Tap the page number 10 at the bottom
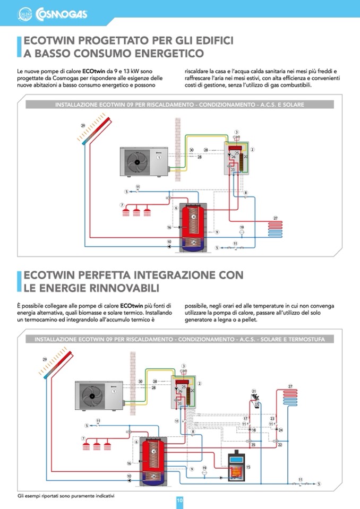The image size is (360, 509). tap(180, 501)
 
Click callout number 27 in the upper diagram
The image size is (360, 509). tap(276, 218)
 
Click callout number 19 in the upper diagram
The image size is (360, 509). tap(242, 227)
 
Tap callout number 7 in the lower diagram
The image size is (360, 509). tap(83, 438)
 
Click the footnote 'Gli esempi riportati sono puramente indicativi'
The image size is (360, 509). tap(66, 496)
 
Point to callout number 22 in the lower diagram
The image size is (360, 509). tap(280, 445)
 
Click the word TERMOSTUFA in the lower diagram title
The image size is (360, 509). tap(310, 339)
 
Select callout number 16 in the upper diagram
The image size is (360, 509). tap(169, 227)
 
